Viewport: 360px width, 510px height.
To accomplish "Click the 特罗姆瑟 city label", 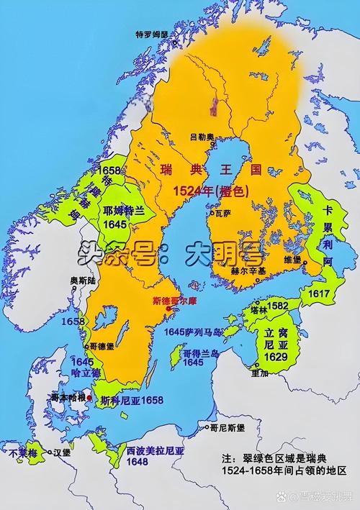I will pos(151,34).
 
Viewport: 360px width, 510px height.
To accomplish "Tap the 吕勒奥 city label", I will pos(202,136).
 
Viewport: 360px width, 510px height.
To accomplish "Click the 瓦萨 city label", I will pos(223,213).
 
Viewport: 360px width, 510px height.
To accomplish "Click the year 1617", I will pos(319,294).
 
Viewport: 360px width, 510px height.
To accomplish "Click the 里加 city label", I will pos(260,374).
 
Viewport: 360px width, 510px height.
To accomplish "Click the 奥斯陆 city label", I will pos(81,280).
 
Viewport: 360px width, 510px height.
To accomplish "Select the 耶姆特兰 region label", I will pos(124,211).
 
